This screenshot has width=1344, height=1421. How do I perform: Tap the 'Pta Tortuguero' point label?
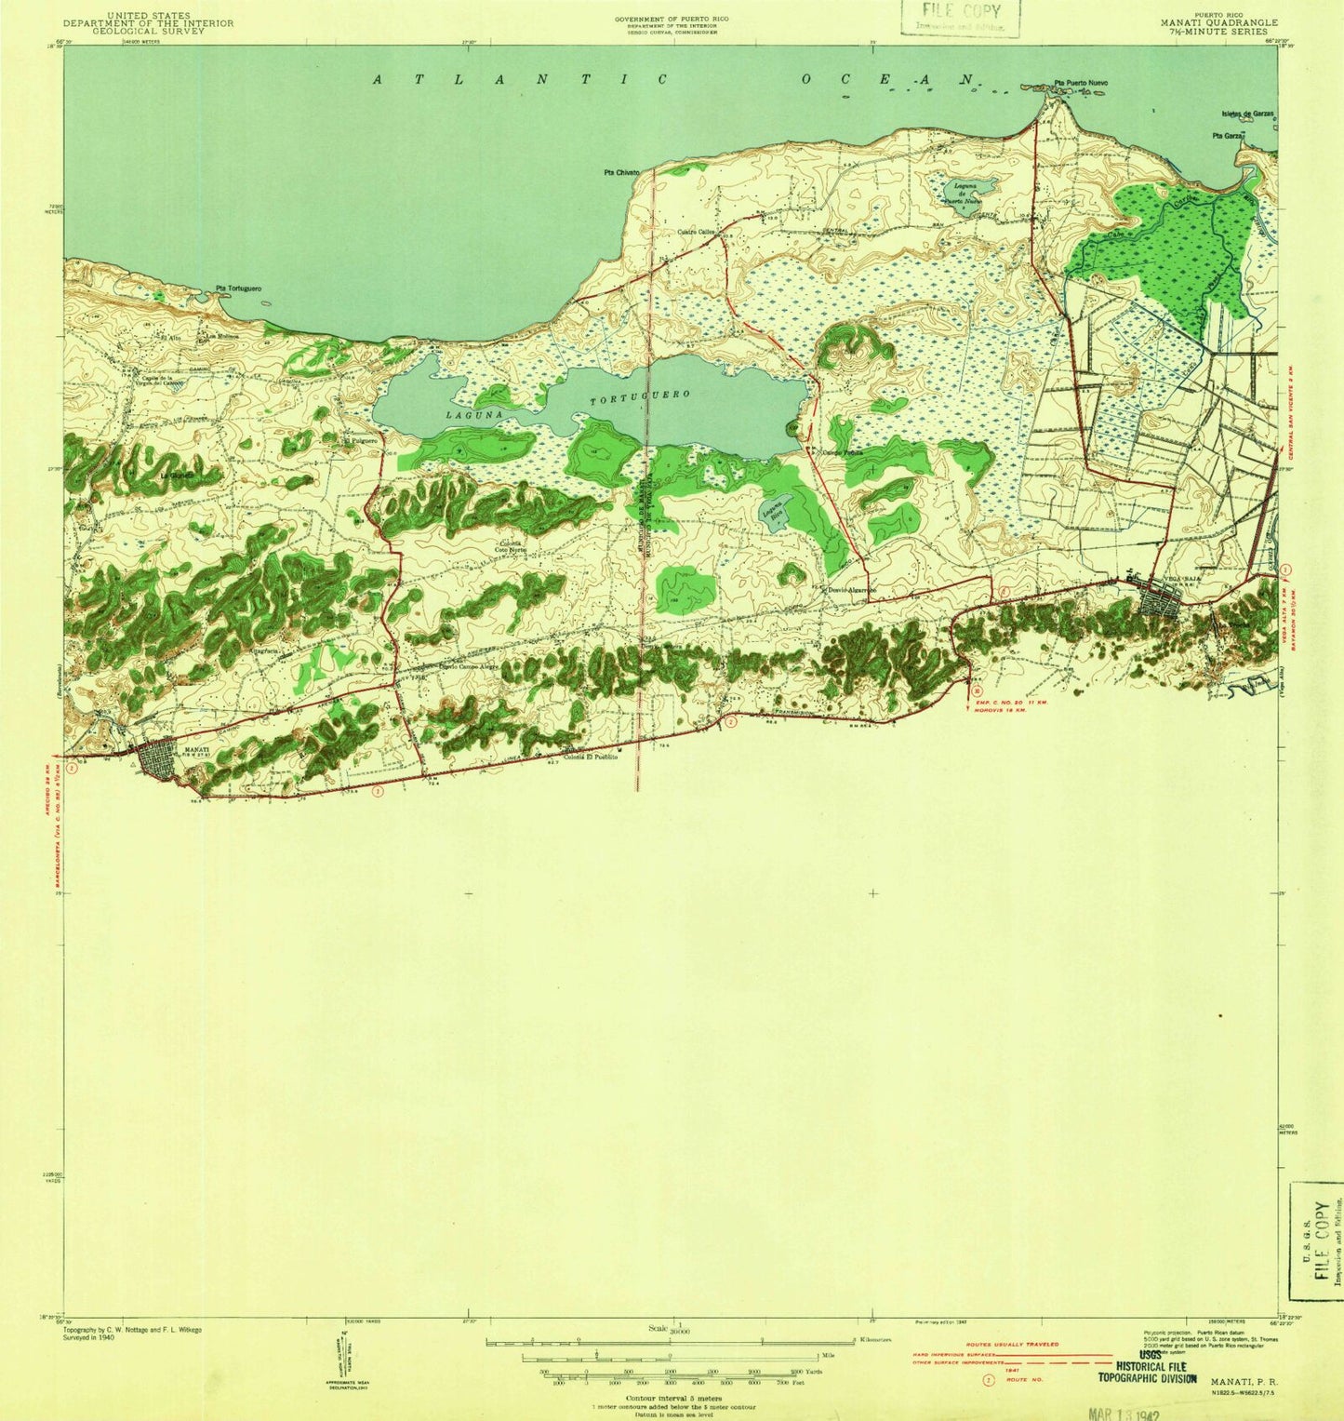238,288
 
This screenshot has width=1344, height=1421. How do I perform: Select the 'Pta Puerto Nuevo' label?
1080,84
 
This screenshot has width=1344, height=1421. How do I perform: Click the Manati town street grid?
161,759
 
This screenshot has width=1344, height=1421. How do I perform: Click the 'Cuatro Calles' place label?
695,232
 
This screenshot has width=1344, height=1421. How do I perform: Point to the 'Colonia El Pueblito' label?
584,757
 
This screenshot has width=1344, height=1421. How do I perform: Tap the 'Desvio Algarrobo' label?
849,590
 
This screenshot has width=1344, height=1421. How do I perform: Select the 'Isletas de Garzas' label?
1247,114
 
